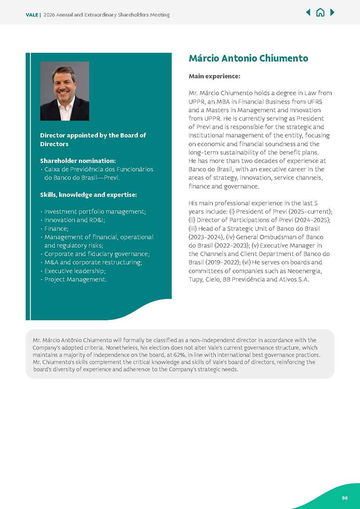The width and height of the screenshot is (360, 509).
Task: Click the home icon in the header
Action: (320, 13)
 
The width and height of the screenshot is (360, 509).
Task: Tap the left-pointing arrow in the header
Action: (308, 13)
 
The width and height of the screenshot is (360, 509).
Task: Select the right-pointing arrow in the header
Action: (332, 13)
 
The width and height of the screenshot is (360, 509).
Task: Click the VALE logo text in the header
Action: (32, 15)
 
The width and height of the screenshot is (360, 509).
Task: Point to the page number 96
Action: (344, 498)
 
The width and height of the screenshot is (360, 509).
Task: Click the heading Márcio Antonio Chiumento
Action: (248, 59)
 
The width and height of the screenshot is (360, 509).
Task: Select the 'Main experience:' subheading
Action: (214, 76)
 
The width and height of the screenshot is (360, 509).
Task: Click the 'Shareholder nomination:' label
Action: (78, 161)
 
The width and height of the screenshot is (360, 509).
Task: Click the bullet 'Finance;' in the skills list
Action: (56, 229)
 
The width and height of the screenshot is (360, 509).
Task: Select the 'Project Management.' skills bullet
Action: (75, 279)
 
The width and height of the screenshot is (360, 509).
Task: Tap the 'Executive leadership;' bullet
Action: (75, 271)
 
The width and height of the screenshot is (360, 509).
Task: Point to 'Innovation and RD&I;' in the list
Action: (74, 220)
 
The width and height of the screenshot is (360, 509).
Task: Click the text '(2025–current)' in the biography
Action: (309, 212)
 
